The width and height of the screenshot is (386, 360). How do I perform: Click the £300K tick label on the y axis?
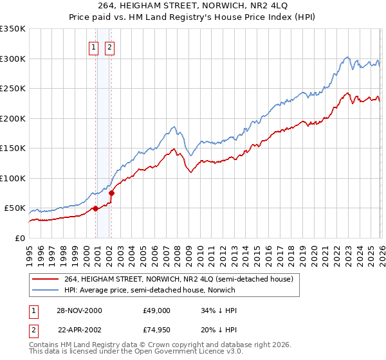pos(13,59)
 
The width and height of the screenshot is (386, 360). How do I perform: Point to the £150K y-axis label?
pos(13,148)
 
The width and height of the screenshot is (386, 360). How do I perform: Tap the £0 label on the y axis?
pos(19,239)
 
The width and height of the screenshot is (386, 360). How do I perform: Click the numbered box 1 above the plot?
pos(93,47)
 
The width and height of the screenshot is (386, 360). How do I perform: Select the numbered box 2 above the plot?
pos(109,47)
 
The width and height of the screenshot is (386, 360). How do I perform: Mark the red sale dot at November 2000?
pos(95,208)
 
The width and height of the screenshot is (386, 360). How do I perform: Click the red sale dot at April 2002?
pos(111,193)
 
